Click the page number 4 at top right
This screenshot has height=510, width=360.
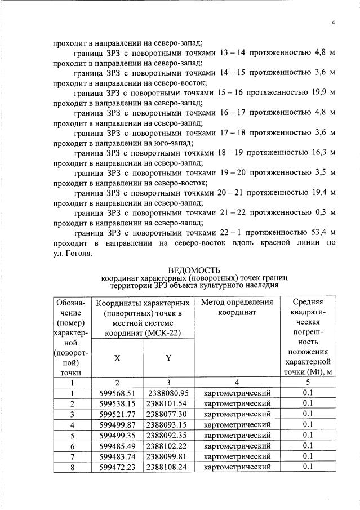[x=333, y=23]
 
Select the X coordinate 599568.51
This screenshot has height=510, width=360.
[x=117, y=392]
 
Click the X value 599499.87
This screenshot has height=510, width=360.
[x=117, y=424]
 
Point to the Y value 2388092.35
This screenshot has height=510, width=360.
[x=167, y=435]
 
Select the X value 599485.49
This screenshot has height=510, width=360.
[x=117, y=445]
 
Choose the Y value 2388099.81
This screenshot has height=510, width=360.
[x=167, y=456]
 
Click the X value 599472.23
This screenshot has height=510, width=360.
[x=117, y=467]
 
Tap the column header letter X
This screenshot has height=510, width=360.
[x=117, y=358]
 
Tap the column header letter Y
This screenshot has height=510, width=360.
[x=167, y=358]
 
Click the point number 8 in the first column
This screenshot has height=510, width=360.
[x=72, y=467]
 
